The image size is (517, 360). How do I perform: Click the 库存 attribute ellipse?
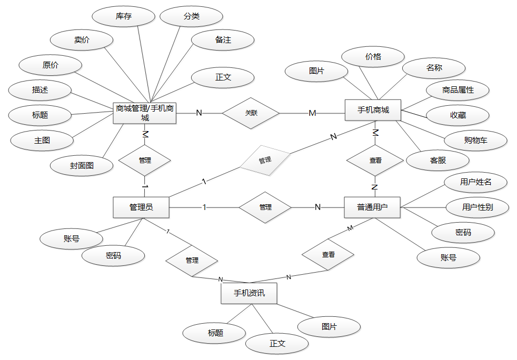coord(124,16)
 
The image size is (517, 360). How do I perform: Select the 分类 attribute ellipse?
coord(192,16)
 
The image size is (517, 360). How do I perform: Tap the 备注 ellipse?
coord(223,40)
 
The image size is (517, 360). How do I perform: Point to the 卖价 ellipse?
coord(82,40)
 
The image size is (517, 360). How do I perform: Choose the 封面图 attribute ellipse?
coord(82,165)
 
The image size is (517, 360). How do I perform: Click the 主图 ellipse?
coord(43,140)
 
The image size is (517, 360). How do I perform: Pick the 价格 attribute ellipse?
coord(373,57)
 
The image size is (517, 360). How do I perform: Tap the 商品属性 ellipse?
coord(458,90)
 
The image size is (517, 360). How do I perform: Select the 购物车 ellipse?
coord(475,141)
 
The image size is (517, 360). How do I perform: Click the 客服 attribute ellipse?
coord(438,160)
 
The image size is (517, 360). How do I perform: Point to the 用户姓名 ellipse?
coord(475,182)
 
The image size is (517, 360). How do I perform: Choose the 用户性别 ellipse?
coord(478,207)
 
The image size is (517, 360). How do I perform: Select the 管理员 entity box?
coord(141,207)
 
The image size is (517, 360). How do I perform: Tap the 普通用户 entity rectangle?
coord(372,207)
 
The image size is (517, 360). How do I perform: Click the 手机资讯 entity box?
coord(249,294)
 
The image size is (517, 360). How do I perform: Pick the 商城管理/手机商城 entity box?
coord(145,113)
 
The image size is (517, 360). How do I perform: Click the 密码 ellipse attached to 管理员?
coord(113,256)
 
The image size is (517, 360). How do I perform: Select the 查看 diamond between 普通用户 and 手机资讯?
coord(328,254)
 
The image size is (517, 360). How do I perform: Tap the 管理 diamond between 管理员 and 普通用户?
coord(265,207)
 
